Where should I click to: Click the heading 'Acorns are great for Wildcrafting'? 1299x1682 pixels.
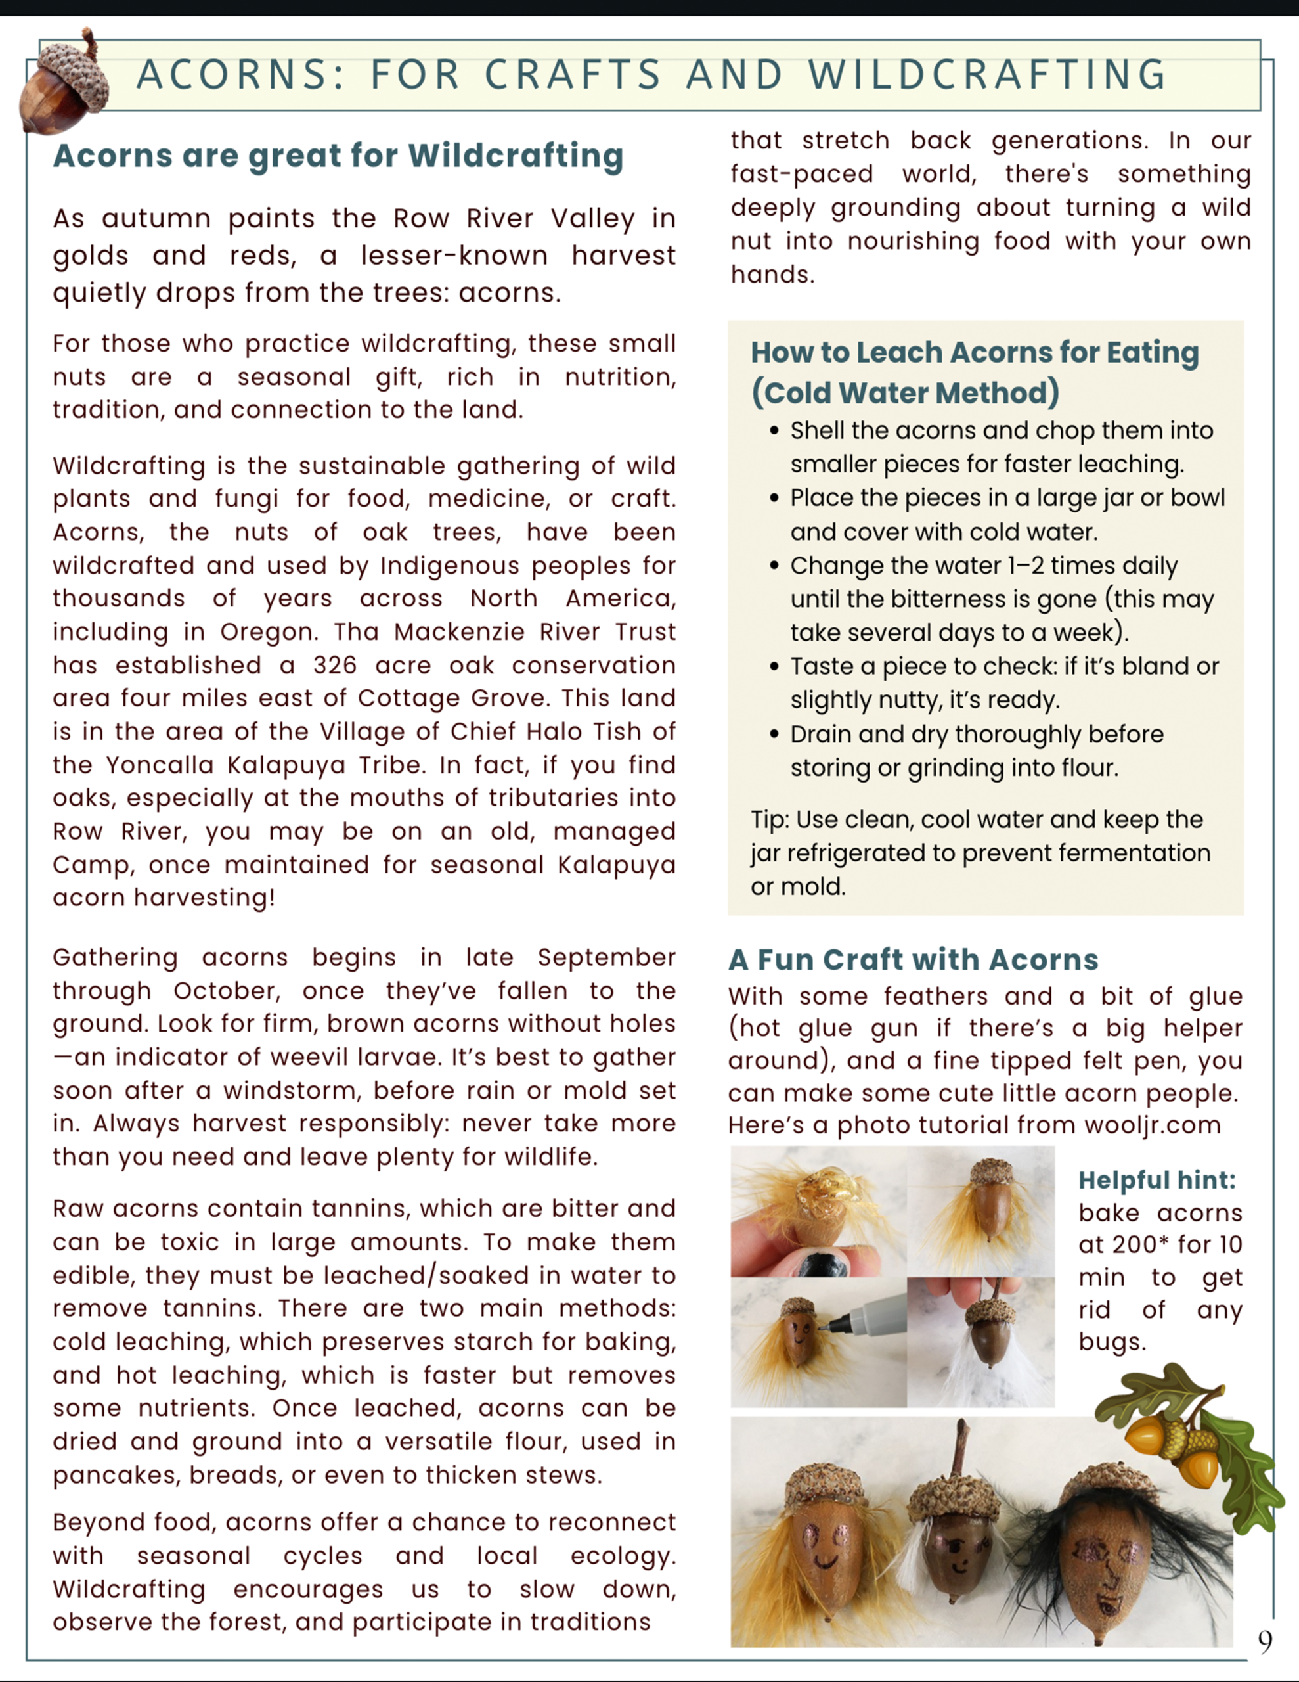[338, 156]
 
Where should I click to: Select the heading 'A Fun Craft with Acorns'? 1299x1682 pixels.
[914, 960]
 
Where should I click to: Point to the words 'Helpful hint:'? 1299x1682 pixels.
[1156, 1180]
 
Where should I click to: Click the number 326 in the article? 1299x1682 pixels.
[334, 666]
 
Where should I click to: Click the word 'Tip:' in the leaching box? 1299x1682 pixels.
[769, 819]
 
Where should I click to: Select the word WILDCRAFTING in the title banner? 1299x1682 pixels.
[987, 76]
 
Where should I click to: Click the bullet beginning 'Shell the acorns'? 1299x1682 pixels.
[1001, 447]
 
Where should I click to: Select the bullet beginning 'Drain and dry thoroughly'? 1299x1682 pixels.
[977, 750]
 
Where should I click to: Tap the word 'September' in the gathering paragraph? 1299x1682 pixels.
[606, 957]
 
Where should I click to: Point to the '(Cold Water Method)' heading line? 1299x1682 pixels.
[905, 393]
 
